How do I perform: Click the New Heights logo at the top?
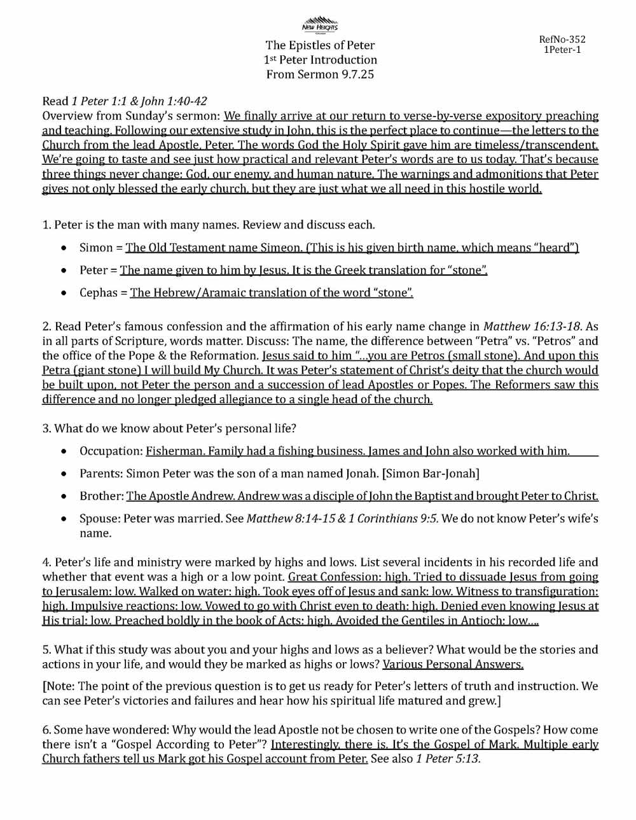[x=320, y=24]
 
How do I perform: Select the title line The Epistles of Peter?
[x=320, y=45]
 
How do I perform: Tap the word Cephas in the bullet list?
[x=99, y=293]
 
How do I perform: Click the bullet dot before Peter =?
[x=64, y=271]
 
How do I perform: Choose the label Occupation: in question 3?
[x=111, y=451]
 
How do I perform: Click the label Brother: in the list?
[x=101, y=496]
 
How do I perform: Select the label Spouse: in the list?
[x=100, y=519]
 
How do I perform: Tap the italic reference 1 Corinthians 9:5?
[x=398, y=519]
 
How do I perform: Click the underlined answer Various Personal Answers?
[x=453, y=665]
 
